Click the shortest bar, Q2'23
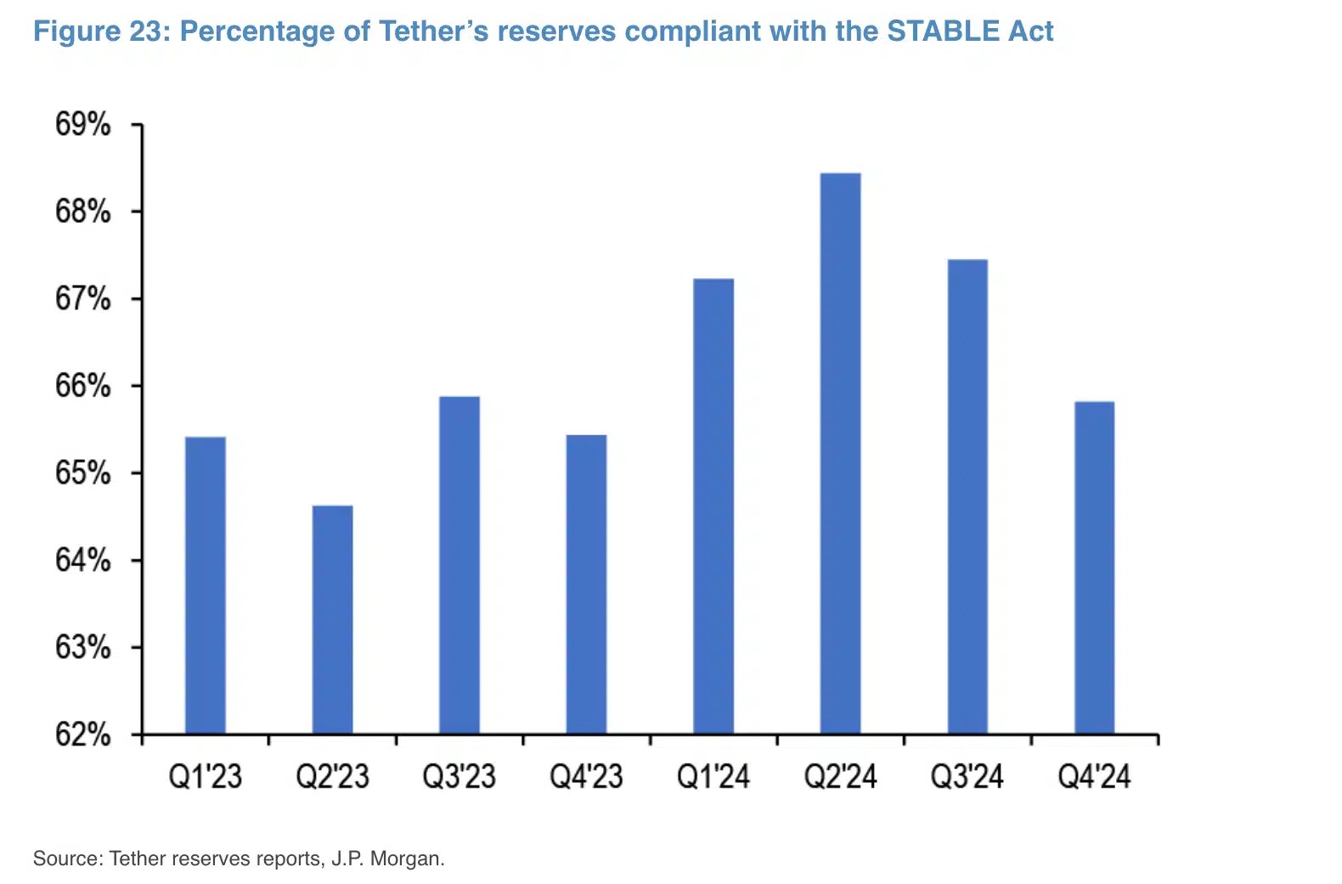coord(332,620)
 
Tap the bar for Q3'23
coord(460,564)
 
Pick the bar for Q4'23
coord(586,584)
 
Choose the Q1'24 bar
coord(713,506)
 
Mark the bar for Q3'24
coord(967,496)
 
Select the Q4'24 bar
coord(1094,567)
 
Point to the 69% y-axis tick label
coord(83,125)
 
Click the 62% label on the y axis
coord(83,734)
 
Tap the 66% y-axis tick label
coord(83,386)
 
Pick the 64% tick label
coord(83,560)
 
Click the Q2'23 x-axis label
coord(332,777)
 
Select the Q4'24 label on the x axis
coord(1094,777)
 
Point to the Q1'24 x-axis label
coord(713,777)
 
